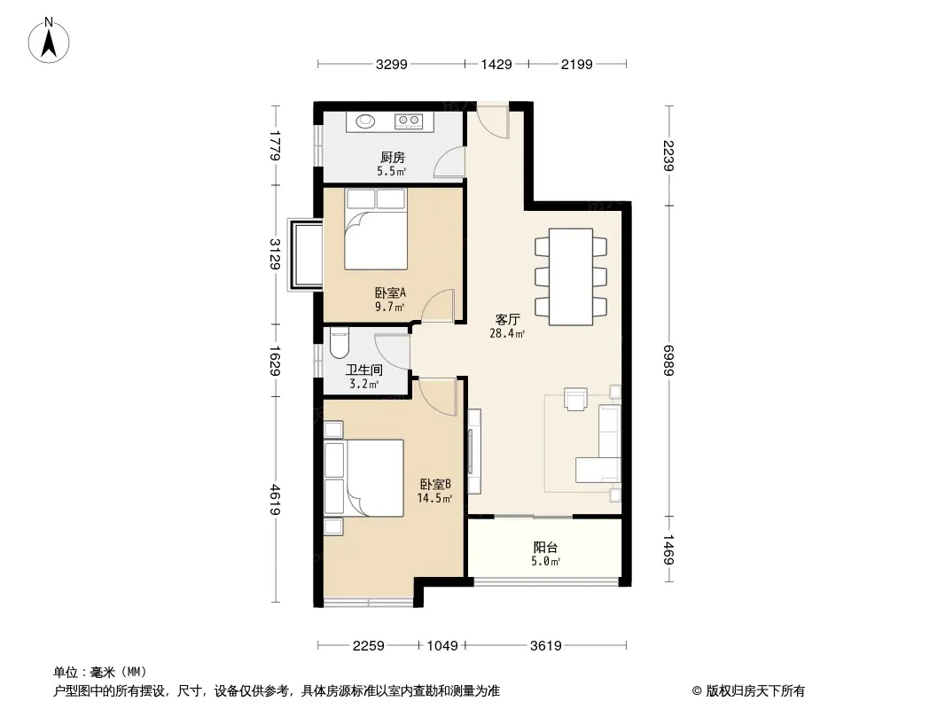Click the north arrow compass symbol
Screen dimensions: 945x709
(x=49, y=41)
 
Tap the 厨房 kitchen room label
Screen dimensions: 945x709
(x=393, y=158)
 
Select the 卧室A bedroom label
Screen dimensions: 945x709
(x=391, y=292)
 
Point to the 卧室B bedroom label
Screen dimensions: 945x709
(x=435, y=484)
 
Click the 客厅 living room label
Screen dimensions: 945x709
(x=507, y=319)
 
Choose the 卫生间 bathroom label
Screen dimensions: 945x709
(x=364, y=370)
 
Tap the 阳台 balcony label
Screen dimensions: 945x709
(x=545, y=547)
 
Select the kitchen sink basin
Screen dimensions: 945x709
(x=364, y=121)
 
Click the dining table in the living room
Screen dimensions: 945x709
(x=570, y=277)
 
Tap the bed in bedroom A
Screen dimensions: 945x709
(x=376, y=229)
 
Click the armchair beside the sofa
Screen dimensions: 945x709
(x=575, y=399)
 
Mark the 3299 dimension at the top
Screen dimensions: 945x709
(x=392, y=64)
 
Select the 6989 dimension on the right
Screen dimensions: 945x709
(x=668, y=360)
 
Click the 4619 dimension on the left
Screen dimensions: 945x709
(x=275, y=499)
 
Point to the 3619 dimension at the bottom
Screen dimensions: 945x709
(x=546, y=646)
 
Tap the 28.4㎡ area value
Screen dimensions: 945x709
(x=507, y=333)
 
